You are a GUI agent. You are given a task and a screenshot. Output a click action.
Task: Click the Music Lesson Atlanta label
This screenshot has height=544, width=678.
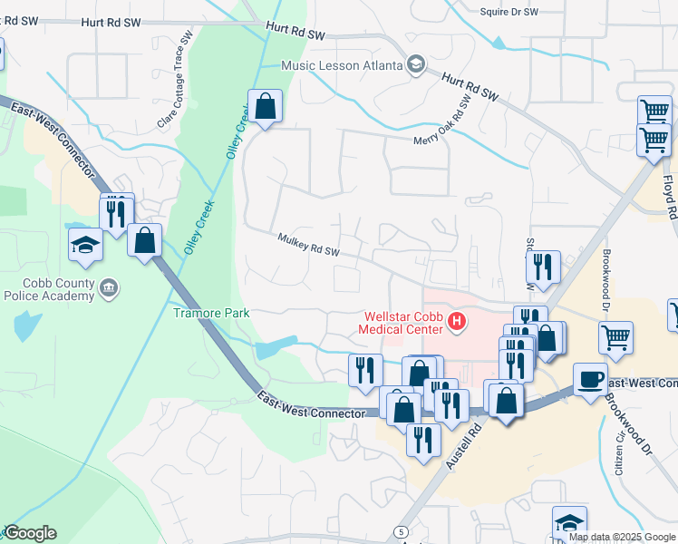pos(341,65)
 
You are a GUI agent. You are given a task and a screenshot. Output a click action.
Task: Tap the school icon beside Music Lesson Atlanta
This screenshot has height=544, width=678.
pos(415,63)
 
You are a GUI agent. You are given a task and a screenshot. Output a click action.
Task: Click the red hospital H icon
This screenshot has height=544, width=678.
pos(458,321)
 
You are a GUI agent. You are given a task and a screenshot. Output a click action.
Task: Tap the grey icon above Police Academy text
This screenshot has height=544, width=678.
pos(108,287)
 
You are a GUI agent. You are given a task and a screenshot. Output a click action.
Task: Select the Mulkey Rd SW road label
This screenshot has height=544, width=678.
pos(309,245)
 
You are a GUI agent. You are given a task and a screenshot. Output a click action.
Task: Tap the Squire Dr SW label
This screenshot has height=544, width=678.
pos(508,12)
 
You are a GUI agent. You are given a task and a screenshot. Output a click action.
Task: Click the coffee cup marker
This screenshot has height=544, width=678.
pos(590,378)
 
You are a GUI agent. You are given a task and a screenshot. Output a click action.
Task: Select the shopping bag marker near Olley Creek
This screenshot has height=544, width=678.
pos(265,106)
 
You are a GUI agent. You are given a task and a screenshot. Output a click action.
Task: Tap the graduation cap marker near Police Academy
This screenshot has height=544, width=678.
pos(85,244)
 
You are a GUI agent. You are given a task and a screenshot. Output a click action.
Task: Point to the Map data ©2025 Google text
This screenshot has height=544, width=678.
pos(621,537)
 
